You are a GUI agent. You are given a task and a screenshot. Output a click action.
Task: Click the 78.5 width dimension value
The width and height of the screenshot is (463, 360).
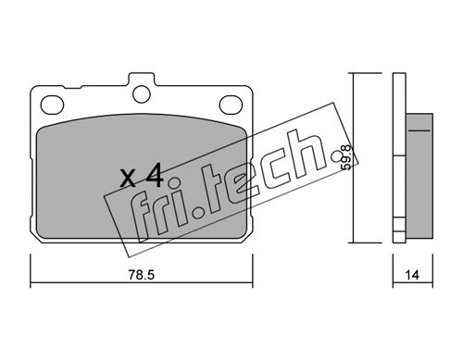tap(142, 275)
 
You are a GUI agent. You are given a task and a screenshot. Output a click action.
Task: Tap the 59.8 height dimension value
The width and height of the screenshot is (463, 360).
tap(347, 157)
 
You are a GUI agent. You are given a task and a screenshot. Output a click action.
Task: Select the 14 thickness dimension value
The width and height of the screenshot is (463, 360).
tap(412, 275)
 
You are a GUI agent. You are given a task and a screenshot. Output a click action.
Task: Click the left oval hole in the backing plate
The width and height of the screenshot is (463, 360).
tap(52, 105)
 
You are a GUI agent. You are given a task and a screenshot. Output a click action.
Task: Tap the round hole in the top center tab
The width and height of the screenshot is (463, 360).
tap(142, 94)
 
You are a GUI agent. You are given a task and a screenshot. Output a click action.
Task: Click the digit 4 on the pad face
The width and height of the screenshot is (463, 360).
tap(155, 176)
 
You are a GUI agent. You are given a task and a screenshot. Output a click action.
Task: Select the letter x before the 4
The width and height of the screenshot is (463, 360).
tap(128, 179)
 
